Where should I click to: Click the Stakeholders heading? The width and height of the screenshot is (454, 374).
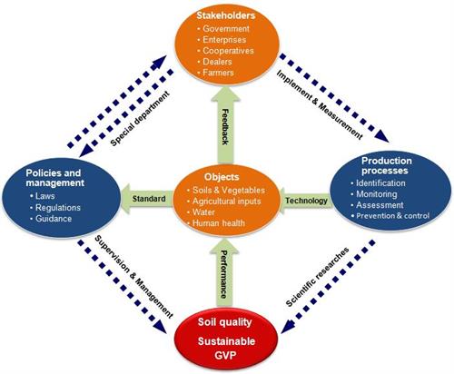pyautogui.click(x=226, y=15)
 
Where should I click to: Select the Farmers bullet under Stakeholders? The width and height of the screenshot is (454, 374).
pyautogui.click(x=218, y=73)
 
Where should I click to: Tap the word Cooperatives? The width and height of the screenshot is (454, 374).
pyautogui.click(x=228, y=51)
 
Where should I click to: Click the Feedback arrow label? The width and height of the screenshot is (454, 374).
pyautogui.click(x=225, y=126)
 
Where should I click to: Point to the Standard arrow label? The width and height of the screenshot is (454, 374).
pyautogui.click(x=149, y=199)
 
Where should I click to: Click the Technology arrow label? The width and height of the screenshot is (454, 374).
pyautogui.click(x=306, y=201)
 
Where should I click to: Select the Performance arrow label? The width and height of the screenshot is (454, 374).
pyautogui.click(x=224, y=274)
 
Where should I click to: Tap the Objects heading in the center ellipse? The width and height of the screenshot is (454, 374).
pyautogui.click(x=222, y=177)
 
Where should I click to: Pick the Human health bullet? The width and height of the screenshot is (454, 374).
pyautogui.click(x=219, y=223)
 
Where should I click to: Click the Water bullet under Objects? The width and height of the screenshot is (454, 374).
pyautogui.click(x=203, y=212)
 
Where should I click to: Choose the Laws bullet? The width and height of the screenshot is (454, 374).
pyautogui.click(x=45, y=196)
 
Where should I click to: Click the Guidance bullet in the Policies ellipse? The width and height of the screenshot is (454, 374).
pyautogui.click(x=54, y=219)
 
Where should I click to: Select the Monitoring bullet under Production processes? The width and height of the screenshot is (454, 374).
pyautogui.click(x=377, y=194)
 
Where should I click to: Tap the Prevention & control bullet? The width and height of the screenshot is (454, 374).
pyautogui.click(x=392, y=216)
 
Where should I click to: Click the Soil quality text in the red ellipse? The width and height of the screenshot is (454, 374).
pyautogui.click(x=224, y=322)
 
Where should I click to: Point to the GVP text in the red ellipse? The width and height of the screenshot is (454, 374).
pyautogui.click(x=225, y=355)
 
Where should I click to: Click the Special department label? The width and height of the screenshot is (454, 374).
pyautogui.click(x=140, y=119)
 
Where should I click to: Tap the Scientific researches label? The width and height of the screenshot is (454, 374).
pyautogui.click(x=318, y=277)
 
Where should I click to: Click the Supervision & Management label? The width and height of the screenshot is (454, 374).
pyautogui.click(x=133, y=277)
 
